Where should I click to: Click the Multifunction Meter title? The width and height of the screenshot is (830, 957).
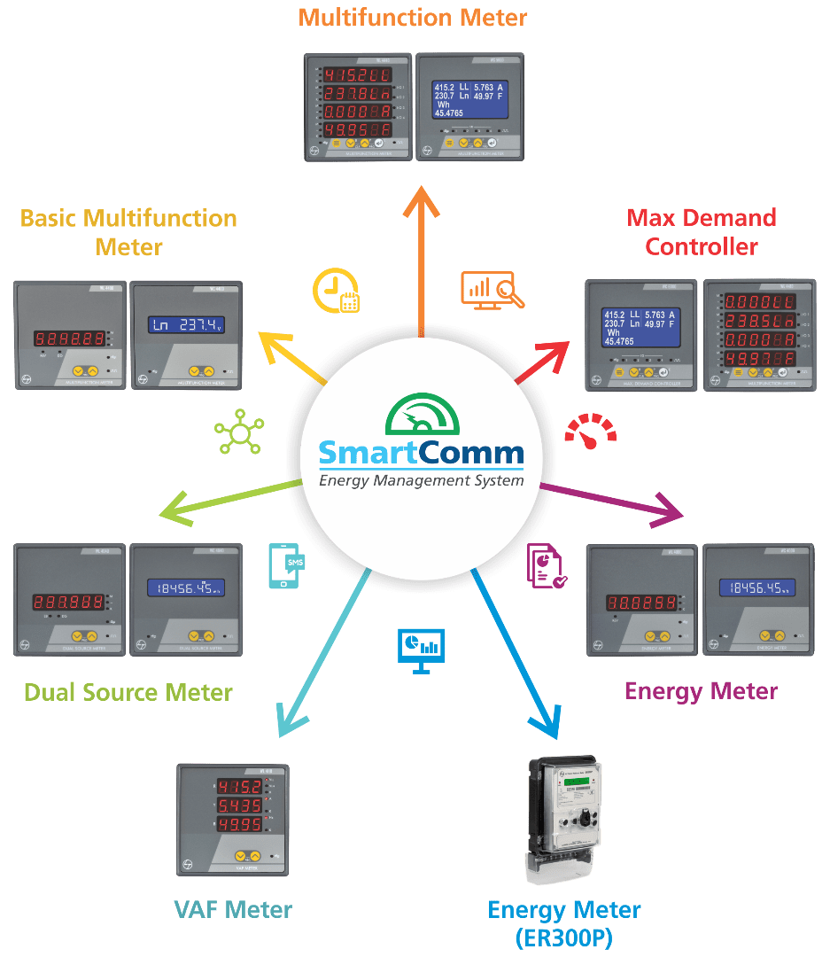(413, 17)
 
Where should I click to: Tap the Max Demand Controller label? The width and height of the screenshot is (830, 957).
(702, 230)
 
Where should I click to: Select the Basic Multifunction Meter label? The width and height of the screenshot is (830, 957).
(129, 231)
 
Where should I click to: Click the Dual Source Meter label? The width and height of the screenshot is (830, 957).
(128, 692)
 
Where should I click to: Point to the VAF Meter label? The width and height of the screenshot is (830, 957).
(233, 908)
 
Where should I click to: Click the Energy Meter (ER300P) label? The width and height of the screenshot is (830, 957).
(564, 922)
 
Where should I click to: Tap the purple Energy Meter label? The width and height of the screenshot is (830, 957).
(702, 690)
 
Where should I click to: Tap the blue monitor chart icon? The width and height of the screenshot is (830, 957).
(421, 650)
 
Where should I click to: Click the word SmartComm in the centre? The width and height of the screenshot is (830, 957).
(421, 454)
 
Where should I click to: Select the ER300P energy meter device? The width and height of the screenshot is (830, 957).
(564, 820)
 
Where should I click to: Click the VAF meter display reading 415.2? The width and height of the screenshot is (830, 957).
(234, 788)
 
